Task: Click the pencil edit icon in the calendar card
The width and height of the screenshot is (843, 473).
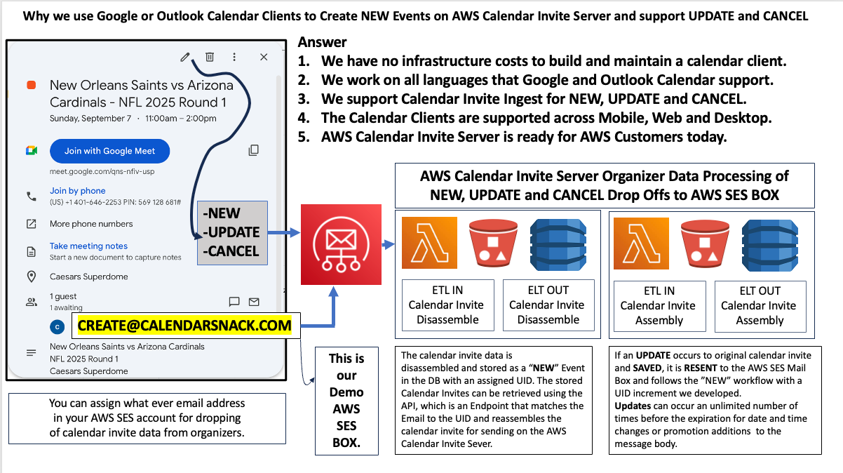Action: tap(185, 58)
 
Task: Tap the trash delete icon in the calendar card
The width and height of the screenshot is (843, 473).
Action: tap(210, 58)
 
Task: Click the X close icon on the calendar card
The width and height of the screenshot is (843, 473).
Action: tap(264, 58)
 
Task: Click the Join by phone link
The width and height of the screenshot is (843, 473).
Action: tap(77, 190)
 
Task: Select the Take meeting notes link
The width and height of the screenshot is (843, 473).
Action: tap(88, 246)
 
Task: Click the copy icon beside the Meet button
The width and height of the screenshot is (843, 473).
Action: tap(254, 150)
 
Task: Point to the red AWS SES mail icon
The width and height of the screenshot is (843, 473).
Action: tap(341, 244)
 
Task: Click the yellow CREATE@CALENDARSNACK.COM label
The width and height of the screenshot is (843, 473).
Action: tap(184, 325)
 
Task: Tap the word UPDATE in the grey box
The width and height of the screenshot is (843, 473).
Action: tap(232, 232)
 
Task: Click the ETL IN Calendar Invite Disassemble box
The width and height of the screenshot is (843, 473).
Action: tap(447, 305)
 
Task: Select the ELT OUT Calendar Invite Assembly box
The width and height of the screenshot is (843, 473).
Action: tap(759, 305)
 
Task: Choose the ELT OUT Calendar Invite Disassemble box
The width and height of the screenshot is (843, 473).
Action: tap(548, 305)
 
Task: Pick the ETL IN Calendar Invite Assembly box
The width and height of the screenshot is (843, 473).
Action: tap(659, 305)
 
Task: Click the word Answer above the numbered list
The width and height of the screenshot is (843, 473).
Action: tap(322, 43)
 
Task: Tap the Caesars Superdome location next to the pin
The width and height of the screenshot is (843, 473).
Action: tap(88, 277)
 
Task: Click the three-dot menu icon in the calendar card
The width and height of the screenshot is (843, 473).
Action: tap(234, 58)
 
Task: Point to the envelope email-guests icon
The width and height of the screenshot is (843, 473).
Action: tap(254, 302)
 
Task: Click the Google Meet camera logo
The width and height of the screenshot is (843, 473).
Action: tap(32, 151)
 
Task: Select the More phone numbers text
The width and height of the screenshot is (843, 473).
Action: tap(91, 224)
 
